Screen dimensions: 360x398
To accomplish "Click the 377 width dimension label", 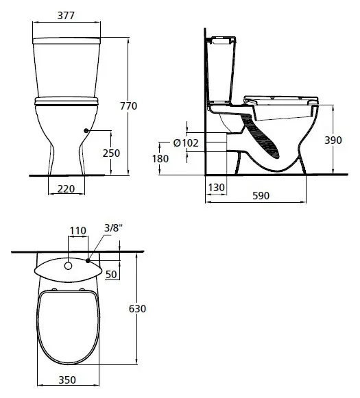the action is [66, 16].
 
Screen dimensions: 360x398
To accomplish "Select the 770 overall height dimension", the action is [128, 106].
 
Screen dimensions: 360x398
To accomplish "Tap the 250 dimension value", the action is [111, 153].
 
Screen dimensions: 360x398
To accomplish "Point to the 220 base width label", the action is [66, 189].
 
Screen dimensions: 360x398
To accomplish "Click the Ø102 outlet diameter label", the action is [186, 143].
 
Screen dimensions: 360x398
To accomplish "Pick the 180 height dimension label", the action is [160, 159].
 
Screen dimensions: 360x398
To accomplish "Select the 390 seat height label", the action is [333, 140].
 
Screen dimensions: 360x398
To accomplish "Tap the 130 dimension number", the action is [217, 188].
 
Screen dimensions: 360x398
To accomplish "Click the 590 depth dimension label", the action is [261, 196].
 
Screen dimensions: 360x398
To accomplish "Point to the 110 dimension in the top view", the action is [78, 231].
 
